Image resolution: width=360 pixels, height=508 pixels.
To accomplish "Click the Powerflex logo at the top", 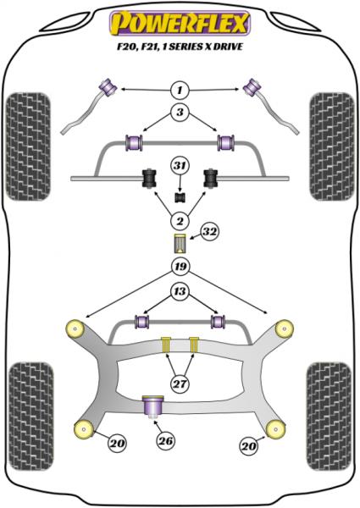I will click(180, 18).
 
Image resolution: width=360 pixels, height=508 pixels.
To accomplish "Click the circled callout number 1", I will click(180, 89).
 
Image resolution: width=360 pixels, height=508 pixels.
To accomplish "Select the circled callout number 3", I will click(180, 113).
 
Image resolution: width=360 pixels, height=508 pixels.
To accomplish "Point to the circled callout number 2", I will click(180, 221).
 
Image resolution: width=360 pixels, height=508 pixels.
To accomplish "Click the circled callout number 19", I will click(180, 268).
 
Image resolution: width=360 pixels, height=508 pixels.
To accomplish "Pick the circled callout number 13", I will click(180, 292).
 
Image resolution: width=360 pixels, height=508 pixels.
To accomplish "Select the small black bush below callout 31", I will click(180, 197).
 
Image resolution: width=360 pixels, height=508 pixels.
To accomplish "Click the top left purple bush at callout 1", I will click(108, 86).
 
